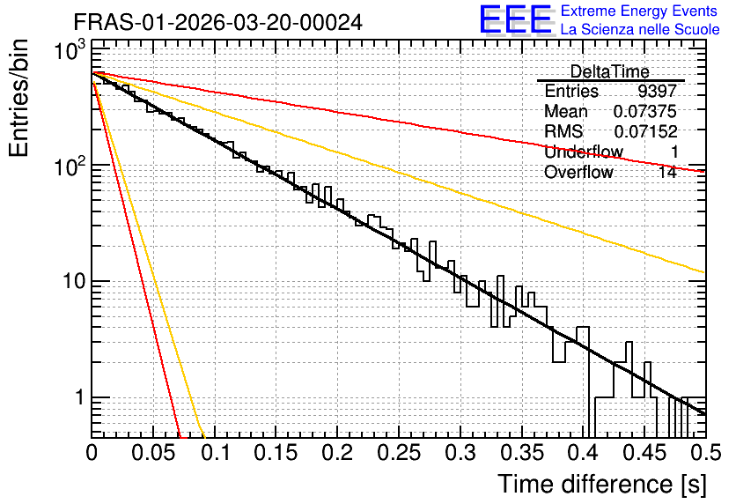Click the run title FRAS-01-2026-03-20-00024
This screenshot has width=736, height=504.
tap(218, 22)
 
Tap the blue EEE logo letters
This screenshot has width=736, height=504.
tap(515, 19)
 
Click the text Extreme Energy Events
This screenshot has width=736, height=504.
tap(639, 11)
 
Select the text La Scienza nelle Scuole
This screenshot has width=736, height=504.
tap(640, 30)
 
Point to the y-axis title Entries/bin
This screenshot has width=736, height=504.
tap(18, 98)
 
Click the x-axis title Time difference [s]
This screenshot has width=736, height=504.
tap(602, 484)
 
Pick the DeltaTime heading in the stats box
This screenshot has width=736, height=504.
tap(610, 71)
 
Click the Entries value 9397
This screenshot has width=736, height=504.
tap(657, 91)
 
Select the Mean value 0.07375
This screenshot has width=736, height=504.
tap(645, 111)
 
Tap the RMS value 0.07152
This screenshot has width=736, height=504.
tap(645, 131)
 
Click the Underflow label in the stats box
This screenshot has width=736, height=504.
tap(584, 152)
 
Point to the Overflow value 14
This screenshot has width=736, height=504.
tap(667, 172)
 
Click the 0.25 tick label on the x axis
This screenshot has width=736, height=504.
tap(399, 453)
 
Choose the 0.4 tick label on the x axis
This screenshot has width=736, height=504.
tap(583, 453)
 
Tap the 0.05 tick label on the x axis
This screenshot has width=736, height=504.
tap(153, 453)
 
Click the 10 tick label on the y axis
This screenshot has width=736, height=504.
tap(74, 281)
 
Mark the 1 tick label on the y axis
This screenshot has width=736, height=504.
tap(79, 397)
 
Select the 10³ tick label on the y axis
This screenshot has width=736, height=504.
tap(70, 50)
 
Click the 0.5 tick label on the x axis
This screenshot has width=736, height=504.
tap(706, 453)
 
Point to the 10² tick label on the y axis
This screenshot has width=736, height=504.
tap(70, 166)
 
